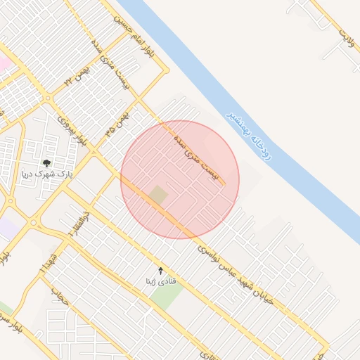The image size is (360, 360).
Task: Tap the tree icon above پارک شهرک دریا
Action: click(46, 163)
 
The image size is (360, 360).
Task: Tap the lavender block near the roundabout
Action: click(8, 228)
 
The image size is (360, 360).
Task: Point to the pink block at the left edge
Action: click(4, 63)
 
